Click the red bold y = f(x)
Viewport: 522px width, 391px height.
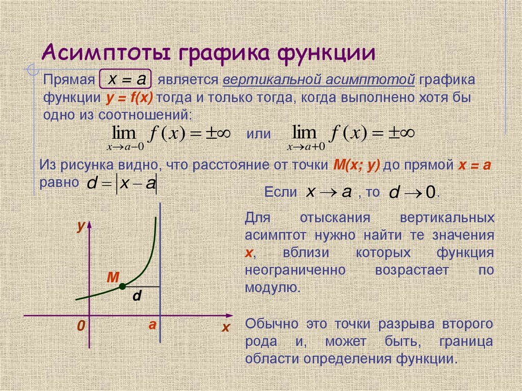tap(130, 97)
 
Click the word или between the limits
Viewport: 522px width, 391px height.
tap(259, 134)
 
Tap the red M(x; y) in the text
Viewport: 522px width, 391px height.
tap(357, 165)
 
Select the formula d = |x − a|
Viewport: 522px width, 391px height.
tap(122, 184)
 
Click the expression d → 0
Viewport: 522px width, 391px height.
tap(412, 193)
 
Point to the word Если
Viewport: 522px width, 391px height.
tap(281, 192)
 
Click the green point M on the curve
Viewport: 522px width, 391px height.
tap(122, 287)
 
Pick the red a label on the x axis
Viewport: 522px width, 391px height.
tap(151, 325)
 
